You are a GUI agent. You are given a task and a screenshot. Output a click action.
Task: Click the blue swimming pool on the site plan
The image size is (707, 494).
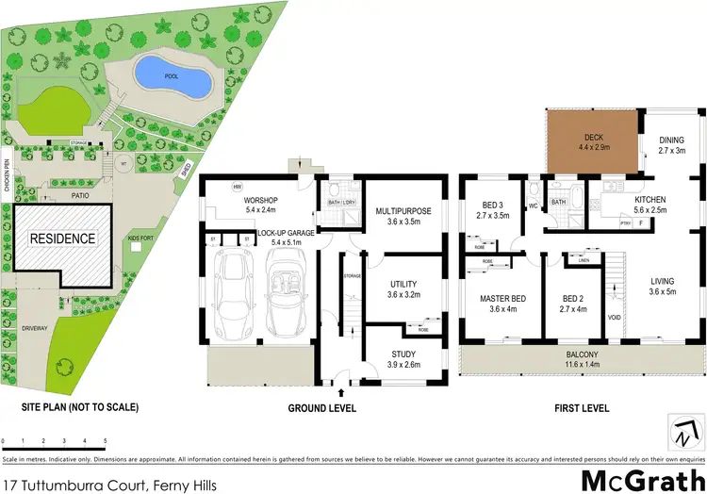click(x=171, y=75)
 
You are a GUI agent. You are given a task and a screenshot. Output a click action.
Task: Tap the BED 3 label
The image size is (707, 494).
click(x=496, y=210)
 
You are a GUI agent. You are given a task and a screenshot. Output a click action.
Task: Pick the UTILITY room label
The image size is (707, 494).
click(x=403, y=288)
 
